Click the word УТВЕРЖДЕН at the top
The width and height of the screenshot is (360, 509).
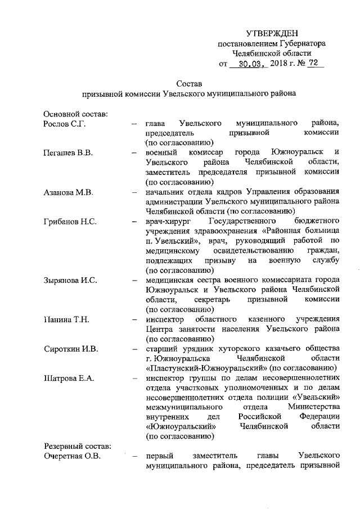[x=272, y=34]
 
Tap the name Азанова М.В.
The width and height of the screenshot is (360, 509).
[x=68, y=192]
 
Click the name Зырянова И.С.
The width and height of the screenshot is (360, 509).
[x=70, y=280]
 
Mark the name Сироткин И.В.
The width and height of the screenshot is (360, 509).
[x=70, y=349]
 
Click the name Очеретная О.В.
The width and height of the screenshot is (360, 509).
[x=72, y=456]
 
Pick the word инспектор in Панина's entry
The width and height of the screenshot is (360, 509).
[x=164, y=319]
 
